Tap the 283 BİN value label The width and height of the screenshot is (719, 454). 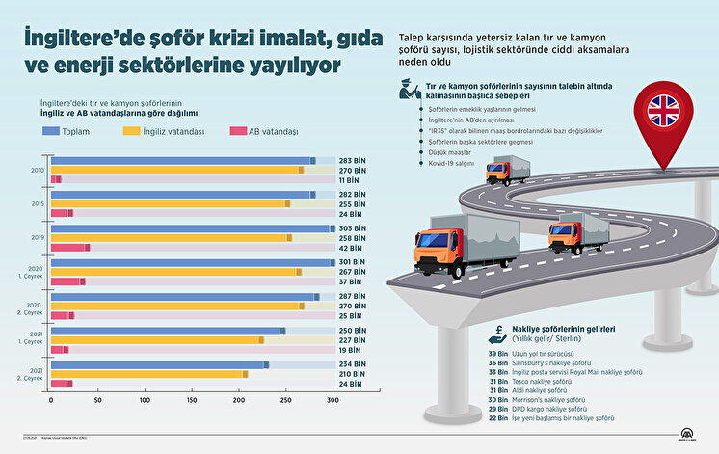(x=351, y=160)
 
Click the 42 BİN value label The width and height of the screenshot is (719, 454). (x=351, y=247)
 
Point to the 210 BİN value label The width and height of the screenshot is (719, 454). (x=351, y=373)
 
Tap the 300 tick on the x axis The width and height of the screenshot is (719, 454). (x=333, y=399)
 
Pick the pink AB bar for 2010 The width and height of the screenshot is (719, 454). (x=55, y=179)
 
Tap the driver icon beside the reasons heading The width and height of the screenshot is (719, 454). (x=409, y=92)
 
